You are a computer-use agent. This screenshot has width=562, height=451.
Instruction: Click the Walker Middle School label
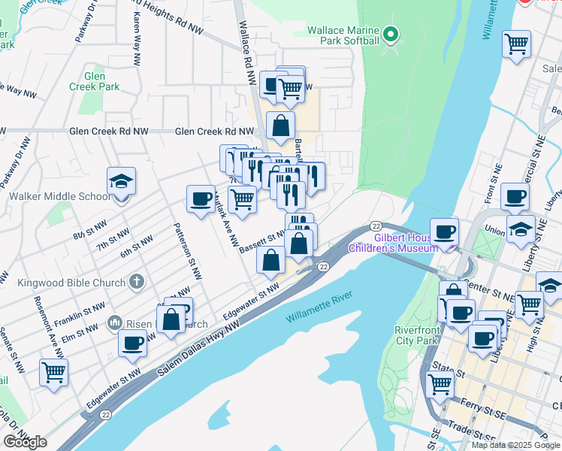pos(59,197)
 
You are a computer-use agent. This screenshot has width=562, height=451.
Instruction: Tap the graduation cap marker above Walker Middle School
pos(121,182)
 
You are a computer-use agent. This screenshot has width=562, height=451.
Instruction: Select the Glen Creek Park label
pos(102,81)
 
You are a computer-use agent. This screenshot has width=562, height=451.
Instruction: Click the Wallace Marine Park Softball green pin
pos(390,34)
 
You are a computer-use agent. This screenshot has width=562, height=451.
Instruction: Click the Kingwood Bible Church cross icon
pos(135,281)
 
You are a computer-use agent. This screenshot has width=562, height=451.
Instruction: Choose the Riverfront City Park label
pos(416,334)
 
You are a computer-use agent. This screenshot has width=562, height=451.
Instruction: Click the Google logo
pos(25,442)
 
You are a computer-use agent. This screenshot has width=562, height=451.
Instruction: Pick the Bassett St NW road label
pos(261,241)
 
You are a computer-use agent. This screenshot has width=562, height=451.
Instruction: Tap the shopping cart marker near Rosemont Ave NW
pos(54,371)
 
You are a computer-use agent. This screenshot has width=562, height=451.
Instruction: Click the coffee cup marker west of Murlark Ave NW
pos(201,199)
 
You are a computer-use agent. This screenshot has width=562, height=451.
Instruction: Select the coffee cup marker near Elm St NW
pos(132,344)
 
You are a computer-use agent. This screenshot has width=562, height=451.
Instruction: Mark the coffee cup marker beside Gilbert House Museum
pos(444,232)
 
